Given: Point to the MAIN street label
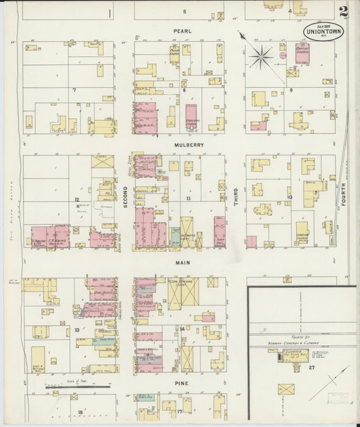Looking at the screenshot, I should pos(182,263).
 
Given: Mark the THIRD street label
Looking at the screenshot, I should pos(236,196).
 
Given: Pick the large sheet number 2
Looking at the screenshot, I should pos(344,11).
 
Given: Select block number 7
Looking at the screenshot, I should pos(76,89).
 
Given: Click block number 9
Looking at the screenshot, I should pos(291,89).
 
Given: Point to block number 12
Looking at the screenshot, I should pos(77,199).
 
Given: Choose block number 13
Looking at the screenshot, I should pos(77,330).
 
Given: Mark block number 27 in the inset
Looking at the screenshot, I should pos(312,367).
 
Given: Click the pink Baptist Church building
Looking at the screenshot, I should pos(301,53).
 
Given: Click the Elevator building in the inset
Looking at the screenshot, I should pos(279,357).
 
